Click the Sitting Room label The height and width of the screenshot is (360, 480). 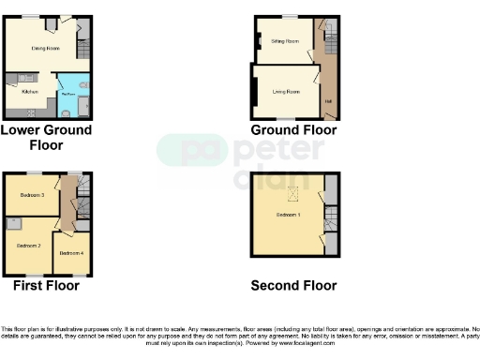(285, 42)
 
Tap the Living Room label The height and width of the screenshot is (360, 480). (286, 91)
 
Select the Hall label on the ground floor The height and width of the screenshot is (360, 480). (328, 101)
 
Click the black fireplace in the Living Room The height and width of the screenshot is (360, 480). (253, 92)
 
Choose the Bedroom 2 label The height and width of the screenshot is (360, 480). (27, 245)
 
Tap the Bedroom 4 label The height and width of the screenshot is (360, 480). (71, 253)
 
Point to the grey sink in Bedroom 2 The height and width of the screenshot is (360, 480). (13, 224)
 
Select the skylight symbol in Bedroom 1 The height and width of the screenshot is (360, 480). (291, 194)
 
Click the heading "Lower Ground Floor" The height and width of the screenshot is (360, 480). (46, 138)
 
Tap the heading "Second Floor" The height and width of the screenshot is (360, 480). (293, 286)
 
